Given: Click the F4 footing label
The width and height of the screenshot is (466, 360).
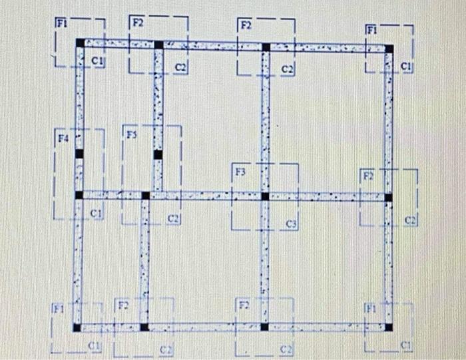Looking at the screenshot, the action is pos(63,138).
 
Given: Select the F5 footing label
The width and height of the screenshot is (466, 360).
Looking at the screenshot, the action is pos(131,134).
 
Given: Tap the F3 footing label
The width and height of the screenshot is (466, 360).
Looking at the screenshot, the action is pos(240,172).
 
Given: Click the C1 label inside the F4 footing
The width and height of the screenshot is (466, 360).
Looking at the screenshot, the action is pos(96,214).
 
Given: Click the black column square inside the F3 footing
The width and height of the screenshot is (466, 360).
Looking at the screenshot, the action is pos(265,196).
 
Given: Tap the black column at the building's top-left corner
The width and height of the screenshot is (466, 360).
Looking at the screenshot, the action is pos(80,43).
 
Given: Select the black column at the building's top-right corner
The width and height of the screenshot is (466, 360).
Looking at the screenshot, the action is pos(389,48).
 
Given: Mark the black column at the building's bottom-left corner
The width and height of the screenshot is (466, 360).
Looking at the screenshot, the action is pos(77,327).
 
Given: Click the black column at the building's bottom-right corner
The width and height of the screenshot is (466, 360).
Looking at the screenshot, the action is pos(389,327).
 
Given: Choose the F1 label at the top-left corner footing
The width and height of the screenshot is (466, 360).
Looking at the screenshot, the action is pos(61,22).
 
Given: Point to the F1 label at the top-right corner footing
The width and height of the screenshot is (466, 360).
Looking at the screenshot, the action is pos(371,30).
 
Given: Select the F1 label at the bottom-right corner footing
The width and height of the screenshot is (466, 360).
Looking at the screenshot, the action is pos(370,309).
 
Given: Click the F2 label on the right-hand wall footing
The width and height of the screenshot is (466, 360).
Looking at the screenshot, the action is pos(367,176).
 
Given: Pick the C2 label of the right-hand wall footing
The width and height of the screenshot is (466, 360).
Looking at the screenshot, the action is pos(409,220).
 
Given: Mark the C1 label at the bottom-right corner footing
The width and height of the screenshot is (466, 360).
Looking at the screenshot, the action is pos(406,345).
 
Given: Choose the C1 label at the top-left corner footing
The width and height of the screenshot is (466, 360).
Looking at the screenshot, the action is pos(98,61).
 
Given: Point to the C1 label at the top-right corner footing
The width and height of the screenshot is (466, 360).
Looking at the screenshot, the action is pos(407,66).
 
